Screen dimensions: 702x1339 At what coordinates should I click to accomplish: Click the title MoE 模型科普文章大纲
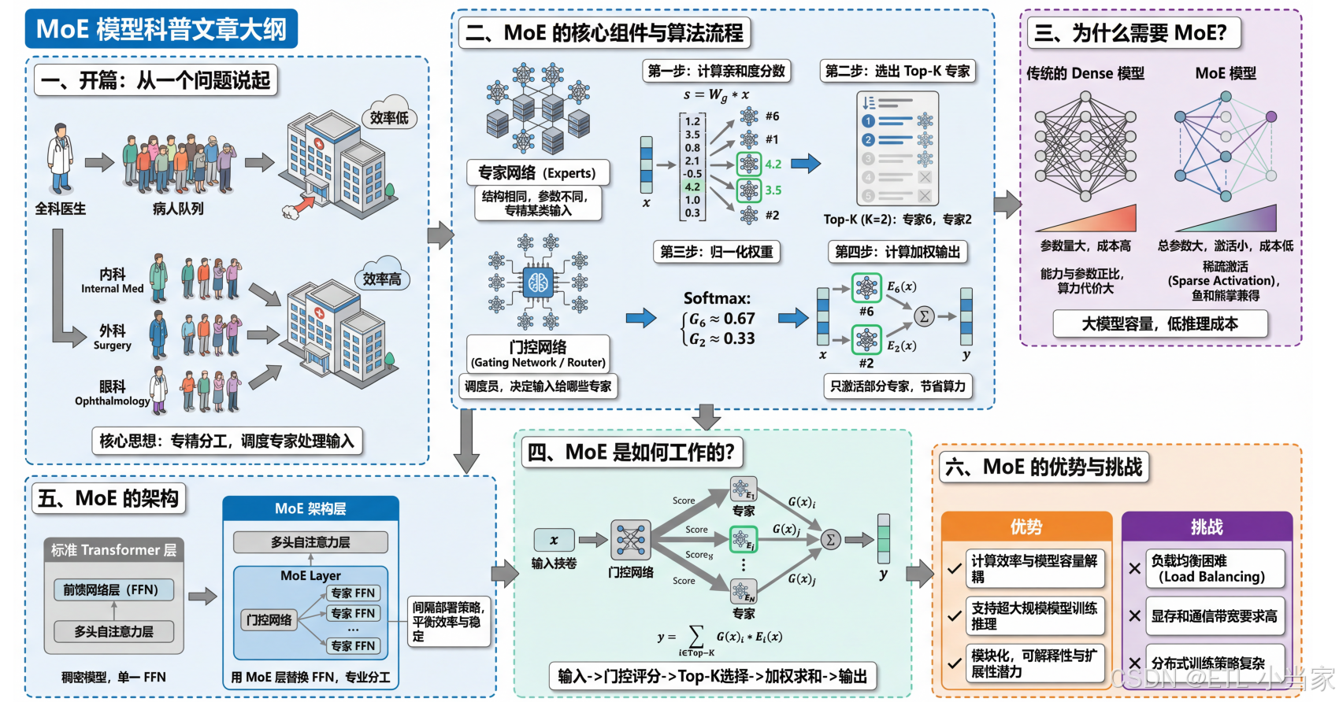tap(161, 29)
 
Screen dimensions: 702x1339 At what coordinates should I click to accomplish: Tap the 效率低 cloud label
tap(389, 118)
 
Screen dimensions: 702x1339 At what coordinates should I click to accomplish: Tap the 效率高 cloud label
tap(382, 279)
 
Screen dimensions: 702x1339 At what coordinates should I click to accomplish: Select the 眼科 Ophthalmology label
tap(113, 393)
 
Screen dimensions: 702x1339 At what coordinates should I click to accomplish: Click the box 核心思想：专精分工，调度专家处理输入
tap(227, 441)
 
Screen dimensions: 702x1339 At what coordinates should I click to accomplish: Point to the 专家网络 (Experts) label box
tap(537, 172)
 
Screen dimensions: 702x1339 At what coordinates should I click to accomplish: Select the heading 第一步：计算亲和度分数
tap(716, 71)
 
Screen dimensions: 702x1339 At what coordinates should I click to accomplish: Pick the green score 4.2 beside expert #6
tap(773, 164)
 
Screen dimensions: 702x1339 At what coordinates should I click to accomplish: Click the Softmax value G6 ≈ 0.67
tap(721, 319)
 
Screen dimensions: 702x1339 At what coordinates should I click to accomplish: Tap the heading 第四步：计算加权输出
tap(897, 252)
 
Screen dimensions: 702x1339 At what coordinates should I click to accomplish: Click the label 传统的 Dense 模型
tap(1085, 73)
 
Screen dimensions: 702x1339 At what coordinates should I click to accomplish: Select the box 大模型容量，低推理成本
tap(1159, 323)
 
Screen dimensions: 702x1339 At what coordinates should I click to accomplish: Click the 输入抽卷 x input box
tap(554, 540)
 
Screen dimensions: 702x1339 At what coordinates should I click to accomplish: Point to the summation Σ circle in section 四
tap(829, 539)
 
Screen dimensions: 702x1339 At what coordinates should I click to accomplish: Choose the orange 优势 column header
tap(1026, 526)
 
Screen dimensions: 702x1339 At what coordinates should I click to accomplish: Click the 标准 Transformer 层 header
tap(114, 549)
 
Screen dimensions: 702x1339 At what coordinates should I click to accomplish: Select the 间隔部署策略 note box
tap(447, 621)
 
